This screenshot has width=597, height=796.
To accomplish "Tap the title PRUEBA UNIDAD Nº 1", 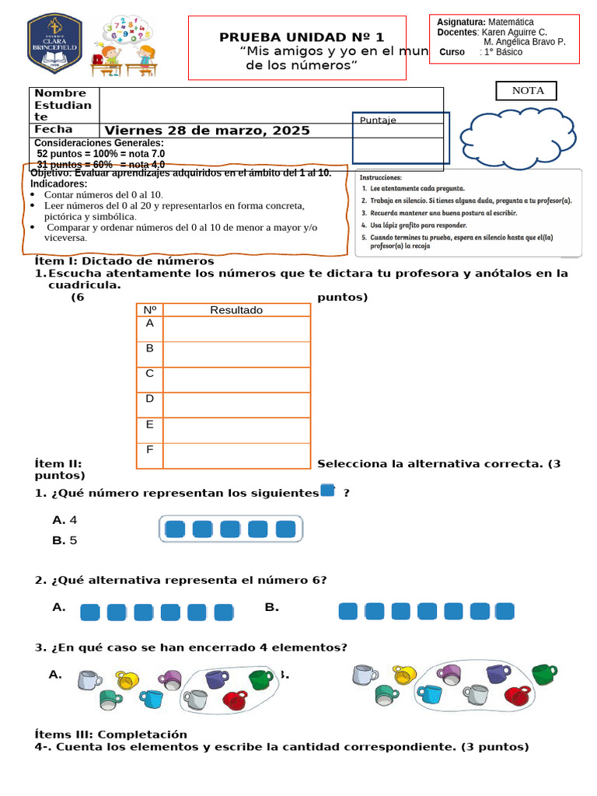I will pos(302,37).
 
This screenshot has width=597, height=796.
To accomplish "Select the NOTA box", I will pos(527,91).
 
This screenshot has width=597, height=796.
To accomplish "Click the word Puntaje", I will pos(378,120).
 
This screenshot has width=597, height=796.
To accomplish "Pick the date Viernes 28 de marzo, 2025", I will pos(207,131).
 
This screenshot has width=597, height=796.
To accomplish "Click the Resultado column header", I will pos(236,310).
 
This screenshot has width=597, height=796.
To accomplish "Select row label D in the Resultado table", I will pos(149,399).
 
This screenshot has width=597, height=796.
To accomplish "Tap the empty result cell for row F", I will pos(236,456).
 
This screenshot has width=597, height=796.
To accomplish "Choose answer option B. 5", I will pos(65,540).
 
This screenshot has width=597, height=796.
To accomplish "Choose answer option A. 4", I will pos(65,520).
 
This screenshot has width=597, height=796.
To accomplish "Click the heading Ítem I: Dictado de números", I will pos(124,261).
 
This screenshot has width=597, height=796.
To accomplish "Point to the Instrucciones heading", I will pos(381,178).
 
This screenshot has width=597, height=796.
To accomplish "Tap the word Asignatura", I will pos(461,23).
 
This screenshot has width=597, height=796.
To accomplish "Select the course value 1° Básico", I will pos(503,52).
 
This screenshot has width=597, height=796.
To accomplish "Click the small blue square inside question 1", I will pos(327,491).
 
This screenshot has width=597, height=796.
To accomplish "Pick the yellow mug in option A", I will pos(126,679).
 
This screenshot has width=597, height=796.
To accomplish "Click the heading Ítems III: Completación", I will pos(111,734).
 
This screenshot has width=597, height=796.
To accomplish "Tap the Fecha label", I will pos(54,130).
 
